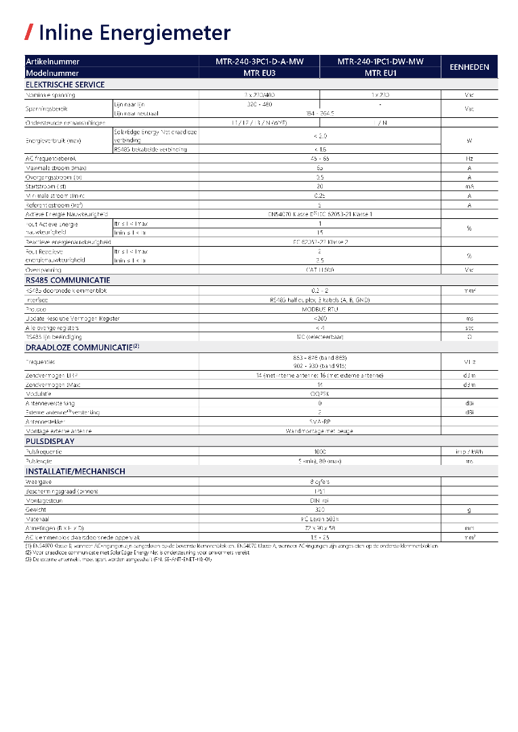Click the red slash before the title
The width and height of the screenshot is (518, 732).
[29, 32]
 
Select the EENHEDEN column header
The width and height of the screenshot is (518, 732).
[469, 67]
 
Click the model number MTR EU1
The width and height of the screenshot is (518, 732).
[380, 73]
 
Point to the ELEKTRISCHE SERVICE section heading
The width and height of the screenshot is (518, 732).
[65, 85]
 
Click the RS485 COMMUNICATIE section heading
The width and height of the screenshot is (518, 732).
[68, 280]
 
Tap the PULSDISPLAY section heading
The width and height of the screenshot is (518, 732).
[50, 441]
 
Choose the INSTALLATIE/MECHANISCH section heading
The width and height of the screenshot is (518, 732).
[75, 471]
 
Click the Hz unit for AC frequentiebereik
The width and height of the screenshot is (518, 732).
[469, 158]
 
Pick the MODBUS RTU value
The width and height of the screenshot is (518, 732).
[319, 308]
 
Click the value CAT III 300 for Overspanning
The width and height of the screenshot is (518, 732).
[319, 270]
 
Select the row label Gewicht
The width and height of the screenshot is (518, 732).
[34, 509]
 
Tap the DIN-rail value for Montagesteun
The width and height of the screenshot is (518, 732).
[319, 500]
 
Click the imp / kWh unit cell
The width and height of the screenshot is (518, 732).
[469, 451]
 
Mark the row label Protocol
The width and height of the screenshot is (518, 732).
[37, 308]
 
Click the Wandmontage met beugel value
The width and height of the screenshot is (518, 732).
[319, 431]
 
